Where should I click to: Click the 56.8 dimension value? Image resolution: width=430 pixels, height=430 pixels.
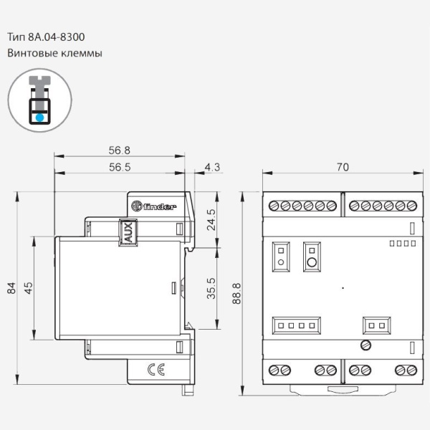point(119,150)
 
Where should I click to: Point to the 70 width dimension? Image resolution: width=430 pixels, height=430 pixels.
point(343,167)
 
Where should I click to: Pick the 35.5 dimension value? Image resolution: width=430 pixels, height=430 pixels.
point(211,290)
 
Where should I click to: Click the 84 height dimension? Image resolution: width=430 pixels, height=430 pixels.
point(11,288)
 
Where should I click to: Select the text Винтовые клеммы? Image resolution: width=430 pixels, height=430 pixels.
point(55,53)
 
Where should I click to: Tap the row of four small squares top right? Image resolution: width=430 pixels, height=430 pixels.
point(401,244)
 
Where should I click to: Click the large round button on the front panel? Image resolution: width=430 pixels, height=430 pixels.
point(312,262)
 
